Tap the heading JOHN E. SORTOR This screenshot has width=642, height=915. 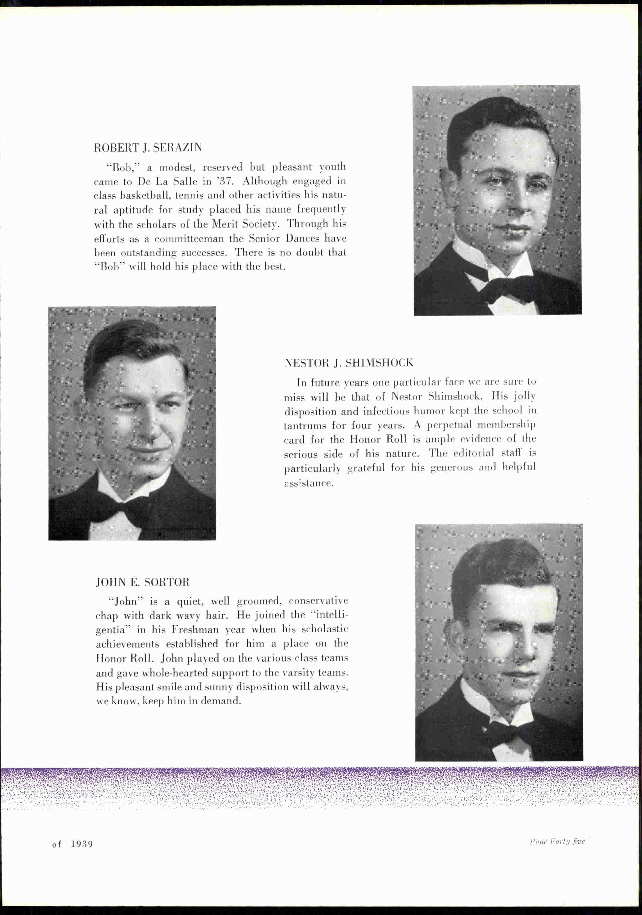click(143, 582)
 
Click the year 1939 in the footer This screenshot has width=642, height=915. click(82, 844)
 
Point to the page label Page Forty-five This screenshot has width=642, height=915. click(557, 842)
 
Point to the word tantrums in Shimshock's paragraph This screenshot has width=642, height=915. click(305, 425)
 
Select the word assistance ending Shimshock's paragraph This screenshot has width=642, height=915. click(308, 484)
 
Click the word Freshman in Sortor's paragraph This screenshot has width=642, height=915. click(195, 630)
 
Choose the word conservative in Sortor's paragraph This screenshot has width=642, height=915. click(318, 601)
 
